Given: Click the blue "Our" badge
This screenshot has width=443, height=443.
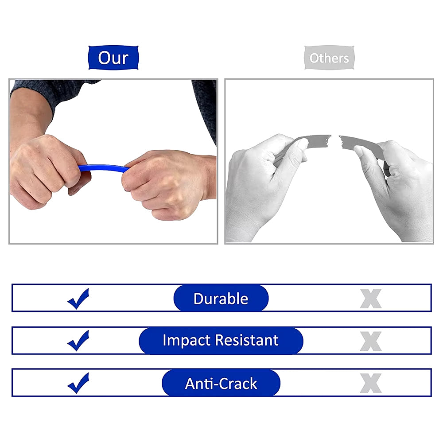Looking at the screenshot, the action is [x=113, y=58].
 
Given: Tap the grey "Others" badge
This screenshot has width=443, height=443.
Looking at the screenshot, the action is [x=329, y=58].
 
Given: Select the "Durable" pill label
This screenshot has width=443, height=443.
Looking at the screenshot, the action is [x=221, y=298].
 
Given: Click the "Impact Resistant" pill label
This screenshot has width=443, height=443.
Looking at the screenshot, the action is [x=221, y=340].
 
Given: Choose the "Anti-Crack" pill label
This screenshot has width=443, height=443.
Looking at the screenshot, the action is [x=221, y=383].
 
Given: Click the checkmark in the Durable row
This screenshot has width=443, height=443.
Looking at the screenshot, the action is [x=78, y=299].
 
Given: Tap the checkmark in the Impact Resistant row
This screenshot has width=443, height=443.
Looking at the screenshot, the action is [x=78, y=341].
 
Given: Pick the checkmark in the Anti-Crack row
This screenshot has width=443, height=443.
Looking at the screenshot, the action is [x=78, y=383].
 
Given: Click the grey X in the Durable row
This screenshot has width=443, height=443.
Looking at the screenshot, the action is [x=371, y=299].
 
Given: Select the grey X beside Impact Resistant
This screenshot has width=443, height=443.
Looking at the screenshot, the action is [x=371, y=341].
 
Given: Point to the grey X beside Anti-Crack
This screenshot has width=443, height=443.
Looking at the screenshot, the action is [x=371, y=383].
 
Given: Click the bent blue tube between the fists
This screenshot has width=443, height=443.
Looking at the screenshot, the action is [x=103, y=168].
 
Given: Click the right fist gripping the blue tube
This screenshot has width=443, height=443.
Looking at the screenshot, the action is [x=167, y=184].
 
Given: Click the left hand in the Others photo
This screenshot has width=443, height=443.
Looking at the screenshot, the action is [x=263, y=184].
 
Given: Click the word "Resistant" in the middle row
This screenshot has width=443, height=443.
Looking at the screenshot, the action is [x=247, y=340].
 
